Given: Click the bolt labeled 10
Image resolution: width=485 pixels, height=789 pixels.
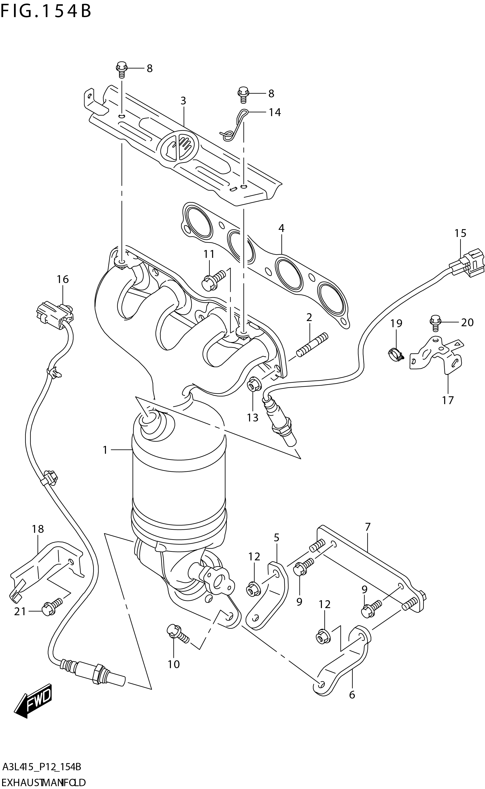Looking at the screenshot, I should (x=177, y=633).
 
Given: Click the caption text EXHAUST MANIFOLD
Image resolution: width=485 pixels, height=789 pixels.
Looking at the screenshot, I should (x=43, y=780).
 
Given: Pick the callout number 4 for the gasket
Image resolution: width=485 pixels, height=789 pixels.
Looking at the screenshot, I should (x=281, y=228).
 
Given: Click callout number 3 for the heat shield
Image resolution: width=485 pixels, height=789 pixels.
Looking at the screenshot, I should (x=183, y=101).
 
